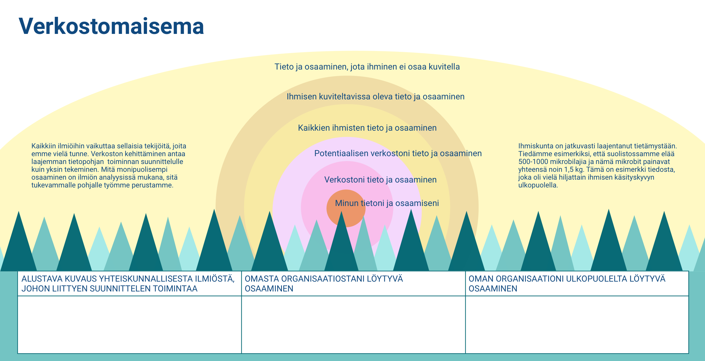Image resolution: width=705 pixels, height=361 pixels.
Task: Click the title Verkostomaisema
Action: coord(111,26)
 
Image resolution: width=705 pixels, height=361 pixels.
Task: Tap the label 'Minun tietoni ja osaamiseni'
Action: coord(387,203)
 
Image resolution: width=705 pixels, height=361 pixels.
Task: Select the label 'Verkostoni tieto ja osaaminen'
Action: coord(380,180)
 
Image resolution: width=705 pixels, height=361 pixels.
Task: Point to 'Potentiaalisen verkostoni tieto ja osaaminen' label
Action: coord(398,153)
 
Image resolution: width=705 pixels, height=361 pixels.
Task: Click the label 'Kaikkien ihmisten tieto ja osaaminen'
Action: coord(367,128)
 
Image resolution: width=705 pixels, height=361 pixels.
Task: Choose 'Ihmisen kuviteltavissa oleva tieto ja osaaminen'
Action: coord(376,96)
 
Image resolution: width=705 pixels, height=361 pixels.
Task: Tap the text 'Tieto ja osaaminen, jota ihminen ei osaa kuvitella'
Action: coord(367,67)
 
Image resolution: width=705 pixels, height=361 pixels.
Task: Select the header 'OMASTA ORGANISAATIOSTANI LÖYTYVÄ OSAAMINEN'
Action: coord(324,284)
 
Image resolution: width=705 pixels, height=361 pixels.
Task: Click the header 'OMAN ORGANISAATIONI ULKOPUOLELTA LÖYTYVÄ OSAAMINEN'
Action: coord(567,284)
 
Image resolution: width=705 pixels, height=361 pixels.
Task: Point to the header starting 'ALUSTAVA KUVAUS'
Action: coord(128,284)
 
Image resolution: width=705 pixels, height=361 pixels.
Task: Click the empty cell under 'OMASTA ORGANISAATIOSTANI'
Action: coord(353,324)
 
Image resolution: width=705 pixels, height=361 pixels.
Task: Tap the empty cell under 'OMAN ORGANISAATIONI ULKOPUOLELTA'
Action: coord(577,324)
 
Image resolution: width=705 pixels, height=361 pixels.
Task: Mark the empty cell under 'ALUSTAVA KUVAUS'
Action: coord(130,324)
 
